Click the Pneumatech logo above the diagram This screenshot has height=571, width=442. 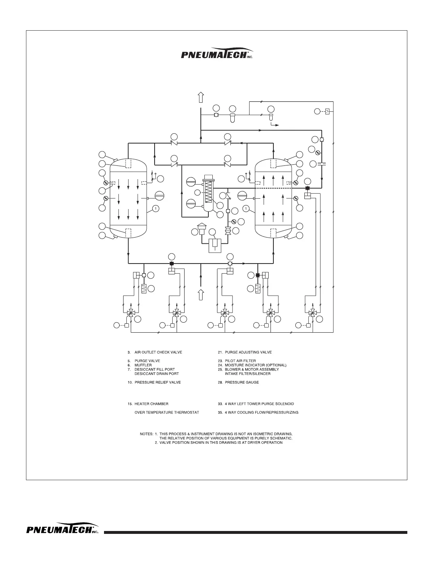[x=216, y=54]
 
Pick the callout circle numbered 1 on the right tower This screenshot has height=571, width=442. [x=246, y=208]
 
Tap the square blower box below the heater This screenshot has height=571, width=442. [x=215, y=246]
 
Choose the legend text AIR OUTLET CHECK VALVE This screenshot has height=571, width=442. [x=158, y=352]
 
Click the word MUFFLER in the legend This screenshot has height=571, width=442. [x=143, y=365]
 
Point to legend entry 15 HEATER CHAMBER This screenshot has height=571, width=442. [x=148, y=404]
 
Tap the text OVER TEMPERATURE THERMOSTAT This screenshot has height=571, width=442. [x=167, y=412]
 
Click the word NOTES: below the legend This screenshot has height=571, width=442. [x=147, y=434]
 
